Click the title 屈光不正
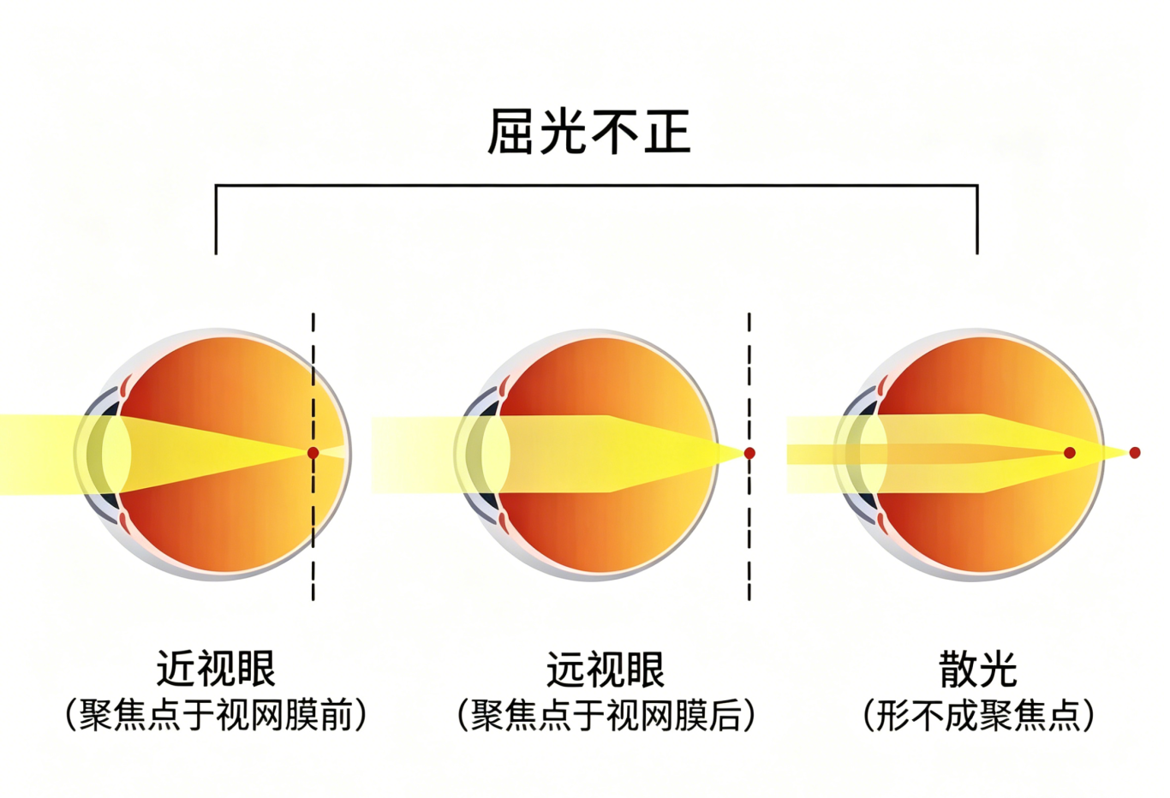[x=588, y=132]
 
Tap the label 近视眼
[x=216, y=669]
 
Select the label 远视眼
[x=606, y=669]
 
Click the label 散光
[x=977, y=669]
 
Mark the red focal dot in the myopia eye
[x=313, y=453]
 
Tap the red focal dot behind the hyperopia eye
[x=749, y=453]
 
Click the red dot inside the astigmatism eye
[x=1069, y=453]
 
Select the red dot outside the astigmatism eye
[x=1135, y=453]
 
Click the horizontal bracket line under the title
[x=596, y=185]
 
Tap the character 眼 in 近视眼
[x=255, y=669]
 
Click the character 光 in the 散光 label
[x=997, y=669]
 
